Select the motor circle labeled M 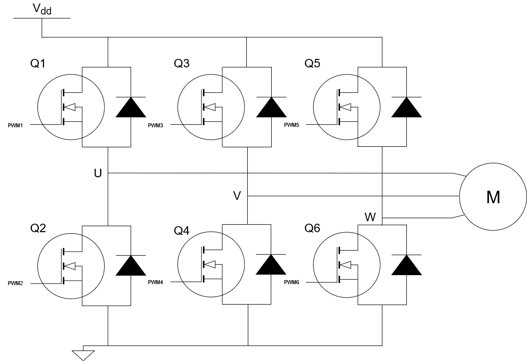(493, 197)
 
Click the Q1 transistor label (38, 64)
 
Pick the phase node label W (370, 217)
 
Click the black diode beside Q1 (131, 106)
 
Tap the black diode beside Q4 (271, 265)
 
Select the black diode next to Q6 (407, 265)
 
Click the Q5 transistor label (313, 64)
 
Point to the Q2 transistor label (38, 228)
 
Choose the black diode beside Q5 (407, 106)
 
